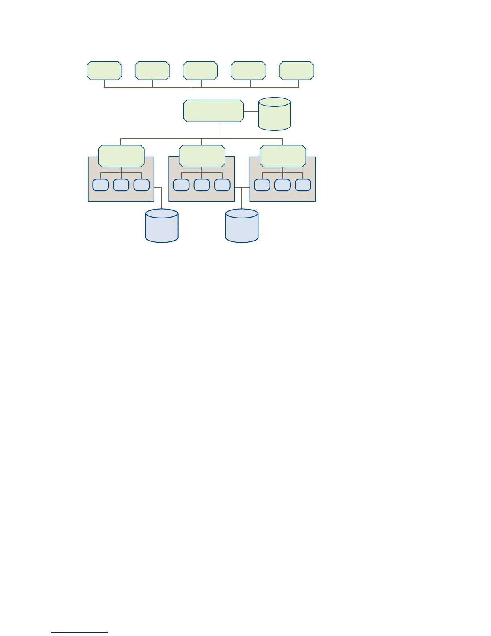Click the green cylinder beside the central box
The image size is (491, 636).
274,114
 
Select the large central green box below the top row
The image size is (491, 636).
213,111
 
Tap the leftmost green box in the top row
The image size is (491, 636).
104,71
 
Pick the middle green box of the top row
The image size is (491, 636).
200,71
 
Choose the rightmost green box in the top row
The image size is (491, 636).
296,71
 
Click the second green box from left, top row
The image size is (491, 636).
152,71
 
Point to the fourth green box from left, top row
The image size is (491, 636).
248,71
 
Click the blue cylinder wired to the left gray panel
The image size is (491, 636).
162,226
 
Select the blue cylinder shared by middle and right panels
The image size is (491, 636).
242,226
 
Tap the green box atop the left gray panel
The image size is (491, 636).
121,156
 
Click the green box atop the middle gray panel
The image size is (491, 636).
202,156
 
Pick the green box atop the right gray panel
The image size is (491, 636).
283,156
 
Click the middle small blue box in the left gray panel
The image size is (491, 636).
121,185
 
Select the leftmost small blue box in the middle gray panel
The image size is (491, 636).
181,185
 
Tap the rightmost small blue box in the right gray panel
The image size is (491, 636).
303,185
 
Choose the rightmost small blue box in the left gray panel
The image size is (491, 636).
142,185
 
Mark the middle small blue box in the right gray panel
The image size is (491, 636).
282,185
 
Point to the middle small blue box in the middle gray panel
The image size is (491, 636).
202,185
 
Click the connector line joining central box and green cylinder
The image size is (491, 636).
251,112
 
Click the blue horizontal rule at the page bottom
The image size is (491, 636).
79,632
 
